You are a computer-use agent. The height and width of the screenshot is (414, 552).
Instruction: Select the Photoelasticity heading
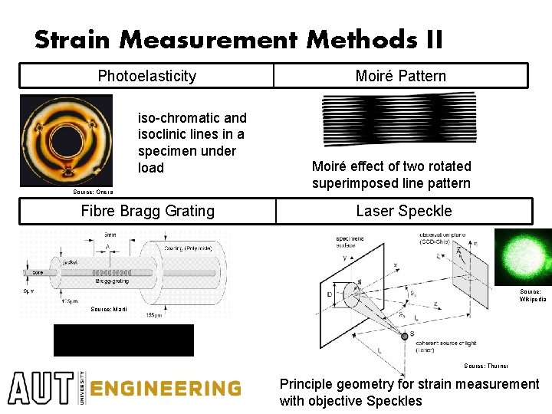click(146, 76)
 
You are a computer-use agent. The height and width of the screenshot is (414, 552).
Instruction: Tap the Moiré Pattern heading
click(400, 76)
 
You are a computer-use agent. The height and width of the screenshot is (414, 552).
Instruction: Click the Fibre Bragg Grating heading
click(147, 211)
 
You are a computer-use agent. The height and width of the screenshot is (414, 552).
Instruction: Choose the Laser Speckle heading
click(403, 211)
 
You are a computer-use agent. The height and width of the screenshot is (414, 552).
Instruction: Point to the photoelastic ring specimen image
click(65, 140)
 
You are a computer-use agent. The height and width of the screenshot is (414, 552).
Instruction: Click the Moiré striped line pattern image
click(399, 119)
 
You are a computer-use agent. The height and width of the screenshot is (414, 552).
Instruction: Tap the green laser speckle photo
click(523, 257)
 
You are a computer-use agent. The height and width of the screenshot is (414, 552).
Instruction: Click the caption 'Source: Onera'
click(93, 192)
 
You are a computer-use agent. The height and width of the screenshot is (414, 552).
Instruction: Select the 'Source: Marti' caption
click(109, 309)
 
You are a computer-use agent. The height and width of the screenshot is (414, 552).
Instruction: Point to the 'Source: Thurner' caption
click(486, 366)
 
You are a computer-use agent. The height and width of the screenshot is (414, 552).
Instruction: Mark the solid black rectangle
click(123, 340)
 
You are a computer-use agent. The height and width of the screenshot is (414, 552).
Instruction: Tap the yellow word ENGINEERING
click(165, 389)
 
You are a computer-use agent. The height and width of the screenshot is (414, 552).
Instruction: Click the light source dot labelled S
click(404, 335)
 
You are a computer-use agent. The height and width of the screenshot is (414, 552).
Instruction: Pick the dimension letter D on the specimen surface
click(329, 294)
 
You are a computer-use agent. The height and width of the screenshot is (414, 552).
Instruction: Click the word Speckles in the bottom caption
click(394, 401)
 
